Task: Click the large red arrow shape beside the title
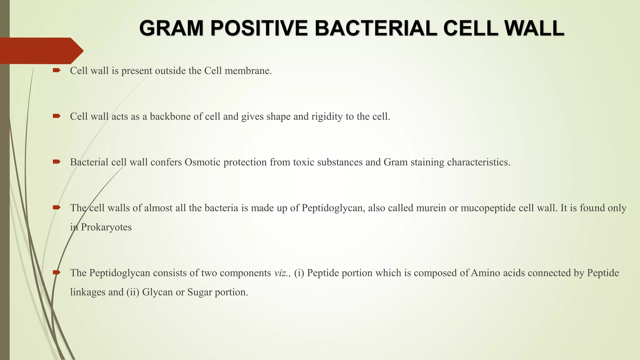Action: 41,51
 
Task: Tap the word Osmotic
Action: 202,162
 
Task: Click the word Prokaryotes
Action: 106,227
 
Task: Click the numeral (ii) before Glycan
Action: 133,292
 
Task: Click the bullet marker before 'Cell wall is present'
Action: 57,71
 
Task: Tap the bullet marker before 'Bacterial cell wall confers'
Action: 57,162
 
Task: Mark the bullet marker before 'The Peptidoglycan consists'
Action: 57,272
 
